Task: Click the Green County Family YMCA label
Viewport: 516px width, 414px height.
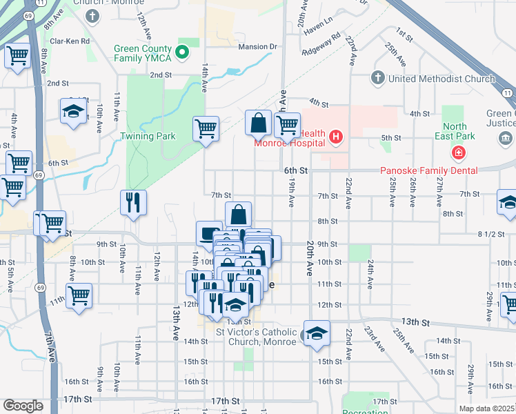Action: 144,56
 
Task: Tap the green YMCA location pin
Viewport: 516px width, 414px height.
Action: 182,52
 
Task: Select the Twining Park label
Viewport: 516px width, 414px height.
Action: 148,136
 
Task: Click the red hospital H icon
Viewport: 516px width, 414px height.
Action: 336,137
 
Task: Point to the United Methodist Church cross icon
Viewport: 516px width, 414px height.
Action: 377,78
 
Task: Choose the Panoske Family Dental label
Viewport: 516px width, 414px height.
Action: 429,170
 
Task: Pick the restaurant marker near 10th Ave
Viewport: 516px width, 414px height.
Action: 131,202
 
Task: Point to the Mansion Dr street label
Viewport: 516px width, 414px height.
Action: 257,47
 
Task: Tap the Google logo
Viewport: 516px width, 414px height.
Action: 23,406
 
